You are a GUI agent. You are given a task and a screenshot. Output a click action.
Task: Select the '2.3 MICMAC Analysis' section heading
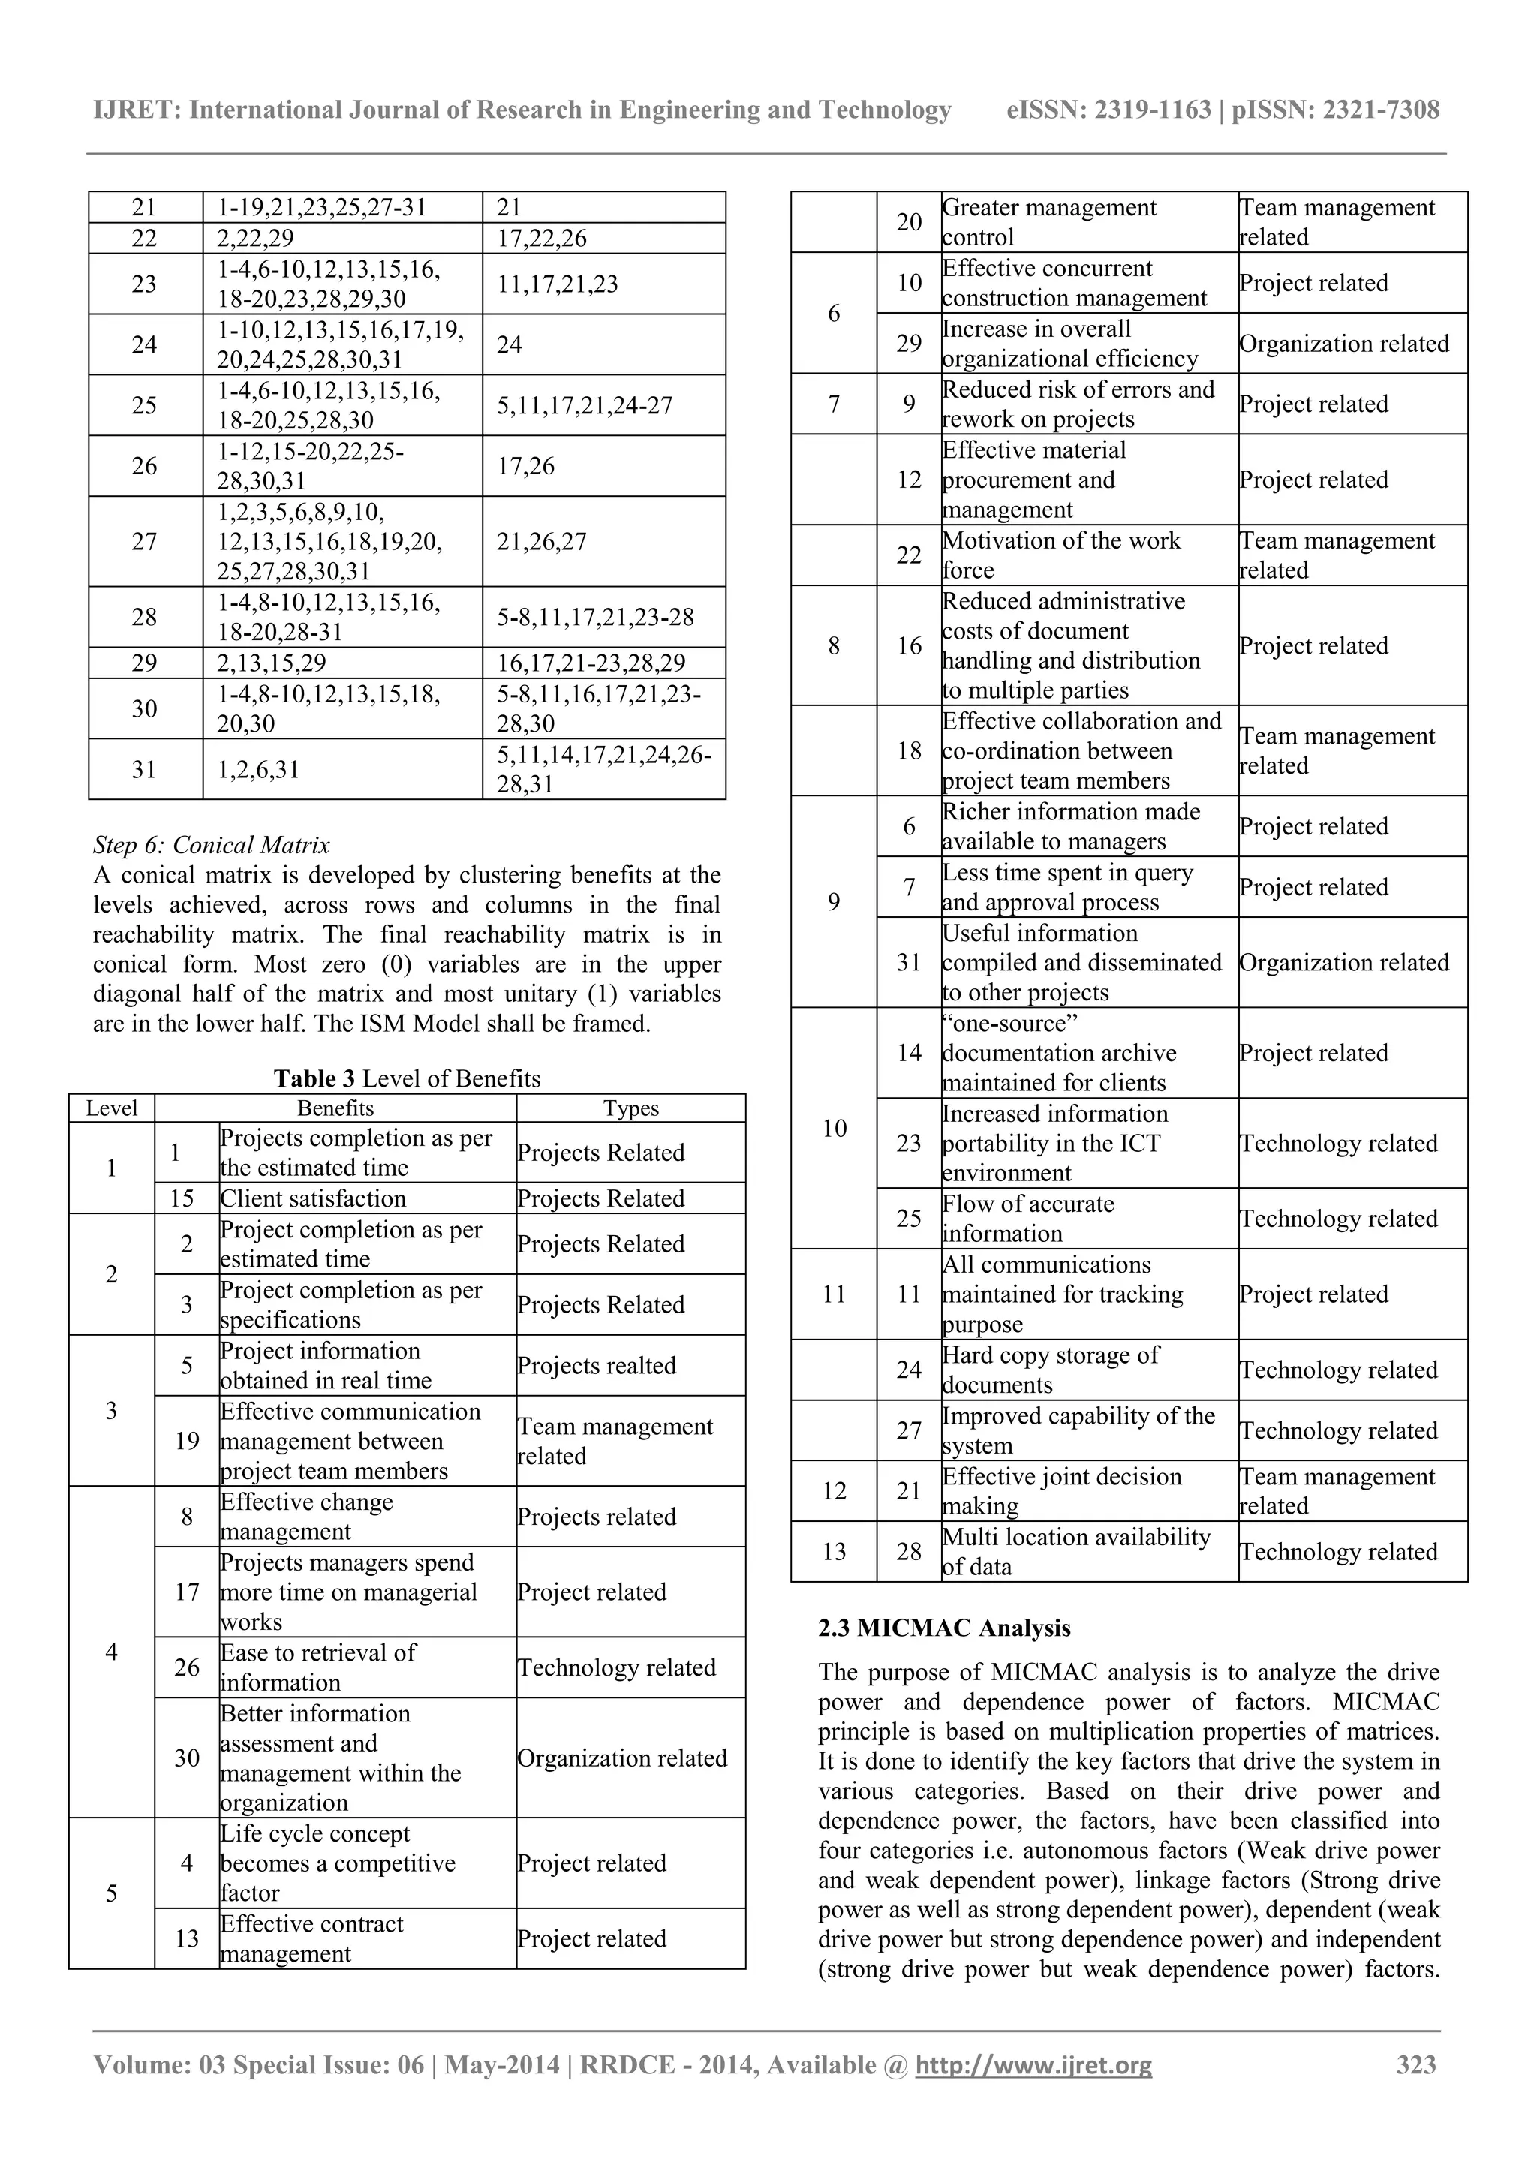tap(944, 1628)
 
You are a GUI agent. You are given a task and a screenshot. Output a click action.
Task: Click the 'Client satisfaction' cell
tap(314, 1198)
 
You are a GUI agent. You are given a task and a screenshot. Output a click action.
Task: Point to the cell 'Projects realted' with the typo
tap(597, 1365)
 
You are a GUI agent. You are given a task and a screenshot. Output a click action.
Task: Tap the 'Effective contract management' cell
tap(311, 1938)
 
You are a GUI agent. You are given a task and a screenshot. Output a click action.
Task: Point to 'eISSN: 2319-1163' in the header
tap(1108, 110)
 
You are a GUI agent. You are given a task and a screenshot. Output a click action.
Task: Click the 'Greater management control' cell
tap(1049, 223)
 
